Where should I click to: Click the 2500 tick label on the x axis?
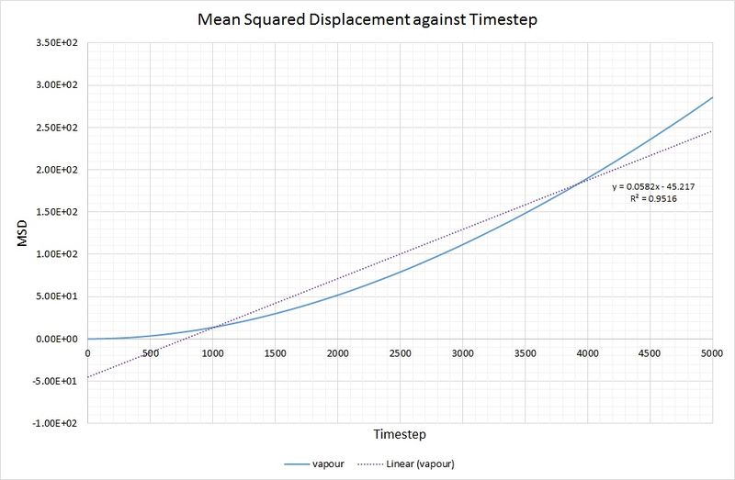(x=400, y=352)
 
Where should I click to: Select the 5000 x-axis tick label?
(x=712, y=352)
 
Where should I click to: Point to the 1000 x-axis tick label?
(x=212, y=352)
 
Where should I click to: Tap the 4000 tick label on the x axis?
(x=587, y=352)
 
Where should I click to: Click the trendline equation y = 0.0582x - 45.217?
(x=653, y=186)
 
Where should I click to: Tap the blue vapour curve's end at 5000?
(x=712, y=97)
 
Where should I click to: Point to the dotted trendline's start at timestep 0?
(x=87, y=377)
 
